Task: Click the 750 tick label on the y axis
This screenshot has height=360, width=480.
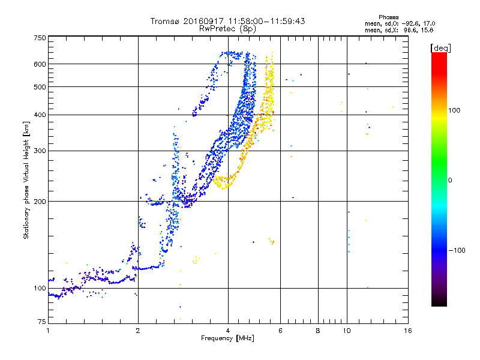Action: [40, 37]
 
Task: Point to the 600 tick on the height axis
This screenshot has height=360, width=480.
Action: [40, 64]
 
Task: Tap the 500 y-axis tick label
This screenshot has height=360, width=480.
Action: [40, 87]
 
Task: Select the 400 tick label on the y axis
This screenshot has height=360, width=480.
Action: [40, 115]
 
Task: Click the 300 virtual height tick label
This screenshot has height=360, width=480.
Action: [40, 151]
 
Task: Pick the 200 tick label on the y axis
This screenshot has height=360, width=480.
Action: [40, 202]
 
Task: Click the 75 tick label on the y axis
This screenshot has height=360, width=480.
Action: [41, 322]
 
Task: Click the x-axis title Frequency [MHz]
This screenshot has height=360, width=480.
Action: [228, 338]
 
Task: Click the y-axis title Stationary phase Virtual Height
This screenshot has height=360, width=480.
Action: [26, 180]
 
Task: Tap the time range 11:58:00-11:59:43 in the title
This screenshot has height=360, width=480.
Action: [259, 21]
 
